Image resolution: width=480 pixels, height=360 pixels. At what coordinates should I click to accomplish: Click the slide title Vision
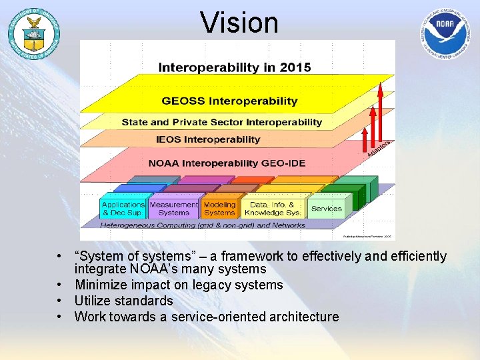pyautogui.click(x=239, y=23)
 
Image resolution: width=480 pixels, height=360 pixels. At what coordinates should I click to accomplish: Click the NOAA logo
pyautogui.click(x=447, y=33)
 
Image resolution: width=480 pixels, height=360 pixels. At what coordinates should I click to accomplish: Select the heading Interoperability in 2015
pyautogui.click(x=234, y=67)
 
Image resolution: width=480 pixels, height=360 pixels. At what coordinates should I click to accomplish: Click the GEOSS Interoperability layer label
pyautogui.click(x=229, y=101)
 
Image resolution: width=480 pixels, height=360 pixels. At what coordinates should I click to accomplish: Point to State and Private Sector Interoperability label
pyautogui.click(x=221, y=123)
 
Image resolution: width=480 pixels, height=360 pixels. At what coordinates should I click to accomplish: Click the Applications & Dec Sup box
pyautogui.click(x=123, y=209)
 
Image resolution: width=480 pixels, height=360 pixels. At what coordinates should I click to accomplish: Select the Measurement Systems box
pyautogui.click(x=173, y=209)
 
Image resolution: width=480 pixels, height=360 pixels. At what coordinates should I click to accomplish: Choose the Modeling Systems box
pyautogui.click(x=219, y=209)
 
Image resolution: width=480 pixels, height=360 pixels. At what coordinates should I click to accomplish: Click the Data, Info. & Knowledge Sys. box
pyautogui.click(x=273, y=209)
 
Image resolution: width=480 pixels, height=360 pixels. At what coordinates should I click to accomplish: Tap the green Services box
pyautogui.click(x=327, y=209)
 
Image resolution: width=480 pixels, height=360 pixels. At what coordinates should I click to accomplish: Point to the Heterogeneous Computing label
pyautogui.click(x=202, y=225)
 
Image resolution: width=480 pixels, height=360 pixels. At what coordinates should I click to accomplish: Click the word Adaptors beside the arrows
pyautogui.click(x=379, y=149)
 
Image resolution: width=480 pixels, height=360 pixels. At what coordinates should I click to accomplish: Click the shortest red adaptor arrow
pyautogui.click(x=365, y=140)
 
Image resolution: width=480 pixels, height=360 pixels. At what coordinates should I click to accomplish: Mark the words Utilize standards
pyautogui.click(x=123, y=301)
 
